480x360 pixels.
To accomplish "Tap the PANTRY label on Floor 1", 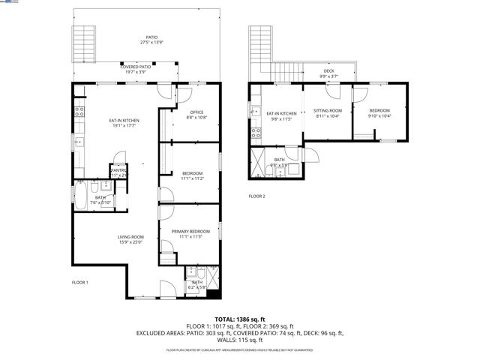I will pos(118,172).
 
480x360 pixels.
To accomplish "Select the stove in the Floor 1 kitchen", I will pos(79,114).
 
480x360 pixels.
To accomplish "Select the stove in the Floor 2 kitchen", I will pos(255,133).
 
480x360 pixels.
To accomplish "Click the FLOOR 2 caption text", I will pos(257,196).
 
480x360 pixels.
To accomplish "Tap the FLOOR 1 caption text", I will pos(80,283).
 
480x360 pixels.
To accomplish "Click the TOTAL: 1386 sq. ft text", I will pos(240,319).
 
